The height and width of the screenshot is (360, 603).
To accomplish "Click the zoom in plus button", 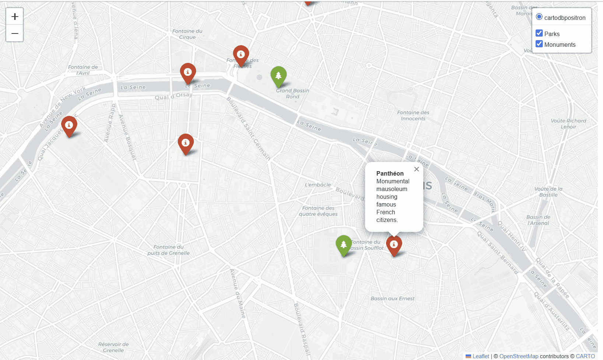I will click(15, 17).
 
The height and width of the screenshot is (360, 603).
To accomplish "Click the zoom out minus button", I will click(15, 33).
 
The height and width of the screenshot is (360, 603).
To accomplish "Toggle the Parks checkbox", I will click(539, 33).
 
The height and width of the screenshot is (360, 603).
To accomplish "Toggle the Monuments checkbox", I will click(539, 44).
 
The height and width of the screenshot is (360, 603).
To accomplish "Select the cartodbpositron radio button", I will click(539, 17).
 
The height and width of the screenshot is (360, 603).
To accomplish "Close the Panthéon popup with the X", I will click(417, 169).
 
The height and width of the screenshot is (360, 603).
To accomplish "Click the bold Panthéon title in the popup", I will click(390, 173).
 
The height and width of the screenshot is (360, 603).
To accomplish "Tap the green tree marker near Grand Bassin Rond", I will click(278, 76).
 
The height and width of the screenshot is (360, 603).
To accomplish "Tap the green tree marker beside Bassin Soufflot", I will click(344, 244).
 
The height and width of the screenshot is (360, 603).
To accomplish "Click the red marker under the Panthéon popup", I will click(394, 245).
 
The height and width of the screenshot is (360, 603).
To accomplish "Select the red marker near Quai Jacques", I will click(69, 126).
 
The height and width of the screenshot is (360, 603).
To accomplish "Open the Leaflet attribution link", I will click(481, 356).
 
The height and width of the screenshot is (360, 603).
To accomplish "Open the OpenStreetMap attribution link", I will click(519, 356).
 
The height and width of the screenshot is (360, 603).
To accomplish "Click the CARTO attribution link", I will click(585, 356).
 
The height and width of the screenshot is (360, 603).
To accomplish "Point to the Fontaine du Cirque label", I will click(187, 34).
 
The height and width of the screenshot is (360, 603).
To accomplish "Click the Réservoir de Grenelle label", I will click(113, 347).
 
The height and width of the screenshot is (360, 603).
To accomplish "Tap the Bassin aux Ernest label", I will click(392, 299).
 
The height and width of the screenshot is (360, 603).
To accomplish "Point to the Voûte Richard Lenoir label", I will click(568, 124).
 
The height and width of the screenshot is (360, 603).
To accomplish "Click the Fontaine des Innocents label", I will click(413, 116).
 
